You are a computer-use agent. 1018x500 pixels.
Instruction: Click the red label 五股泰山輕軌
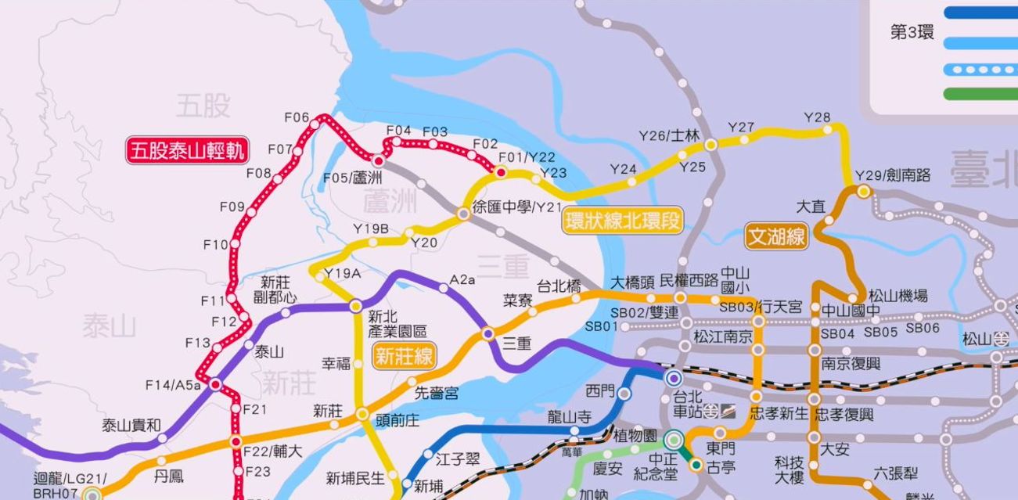(187, 149)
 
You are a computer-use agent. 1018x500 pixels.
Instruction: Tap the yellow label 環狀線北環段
(623, 221)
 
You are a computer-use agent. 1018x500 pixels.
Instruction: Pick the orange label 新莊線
(404, 357)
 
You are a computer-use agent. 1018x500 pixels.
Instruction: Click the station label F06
(297, 117)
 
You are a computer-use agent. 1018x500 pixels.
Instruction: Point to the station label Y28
(817, 117)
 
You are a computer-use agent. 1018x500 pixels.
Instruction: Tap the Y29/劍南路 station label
(893, 175)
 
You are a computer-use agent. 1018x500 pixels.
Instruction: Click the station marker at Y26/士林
(710, 144)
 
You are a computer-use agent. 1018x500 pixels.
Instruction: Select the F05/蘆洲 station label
(352, 178)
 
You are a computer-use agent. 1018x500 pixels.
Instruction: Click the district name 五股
(203, 104)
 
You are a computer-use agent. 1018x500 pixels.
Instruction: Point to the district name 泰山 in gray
(110, 325)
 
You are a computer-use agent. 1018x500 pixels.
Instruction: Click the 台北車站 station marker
(674, 378)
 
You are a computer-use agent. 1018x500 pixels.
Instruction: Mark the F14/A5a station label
(174, 384)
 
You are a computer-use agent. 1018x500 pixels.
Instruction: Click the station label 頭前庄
(397, 420)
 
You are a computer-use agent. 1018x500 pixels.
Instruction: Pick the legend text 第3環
(912, 33)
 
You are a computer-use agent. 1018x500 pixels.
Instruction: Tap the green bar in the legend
(980, 94)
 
